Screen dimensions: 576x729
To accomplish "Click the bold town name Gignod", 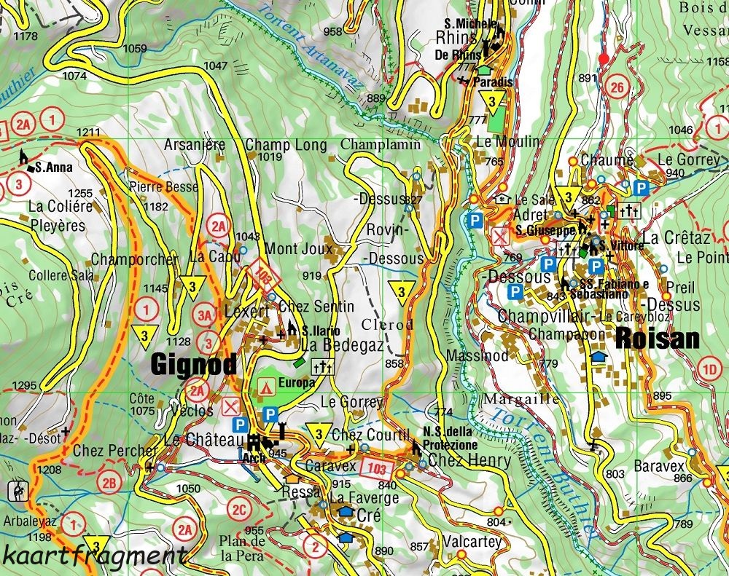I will [x=194, y=364].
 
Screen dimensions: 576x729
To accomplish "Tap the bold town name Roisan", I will [x=658, y=339].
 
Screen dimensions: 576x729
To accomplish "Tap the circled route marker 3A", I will [x=206, y=315].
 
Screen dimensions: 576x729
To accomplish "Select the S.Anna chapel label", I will [x=52, y=167].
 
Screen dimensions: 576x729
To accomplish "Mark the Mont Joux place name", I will [x=297, y=249].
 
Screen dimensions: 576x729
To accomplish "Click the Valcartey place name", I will [x=472, y=542].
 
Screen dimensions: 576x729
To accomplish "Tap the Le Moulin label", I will [x=508, y=141].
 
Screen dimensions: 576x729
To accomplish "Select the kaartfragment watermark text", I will [x=93, y=556].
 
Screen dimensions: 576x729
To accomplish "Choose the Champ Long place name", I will [x=286, y=145].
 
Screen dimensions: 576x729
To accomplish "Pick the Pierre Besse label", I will [x=164, y=187].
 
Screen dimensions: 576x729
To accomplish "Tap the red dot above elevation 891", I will [x=603, y=58].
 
